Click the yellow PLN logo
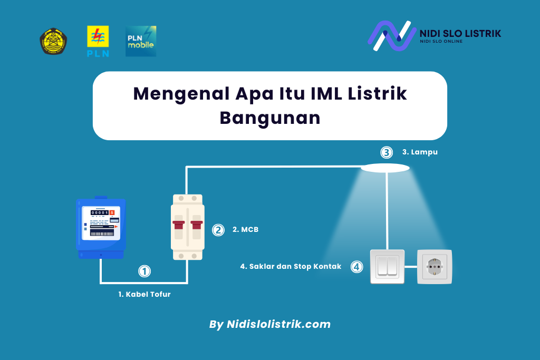pyautogui.click(x=98, y=41)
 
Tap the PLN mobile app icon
pyautogui.click(x=141, y=41)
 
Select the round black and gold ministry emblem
pyautogui.click(x=53, y=41)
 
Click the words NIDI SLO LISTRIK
pyautogui.click(x=460, y=33)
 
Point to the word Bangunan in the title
pyautogui.click(x=270, y=118)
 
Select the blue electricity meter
pyautogui.click(x=101, y=227)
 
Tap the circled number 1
pyautogui.click(x=144, y=271)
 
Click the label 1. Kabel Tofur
pyautogui.click(x=144, y=294)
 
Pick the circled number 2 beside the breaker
pyautogui.click(x=218, y=230)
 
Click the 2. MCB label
pyautogui.click(x=246, y=230)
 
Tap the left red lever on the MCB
pyautogui.click(x=179, y=225)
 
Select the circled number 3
pyautogui.click(x=387, y=152)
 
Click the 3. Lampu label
pyautogui.click(x=420, y=152)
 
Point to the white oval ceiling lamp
pyautogui.click(x=385, y=168)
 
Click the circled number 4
pyautogui.click(x=357, y=267)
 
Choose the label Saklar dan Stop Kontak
pyautogui.click(x=295, y=266)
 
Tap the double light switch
pyautogui.click(x=388, y=267)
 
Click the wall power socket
pyautogui.click(x=435, y=267)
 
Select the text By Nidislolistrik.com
pyautogui.click(x=270, y=324)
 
